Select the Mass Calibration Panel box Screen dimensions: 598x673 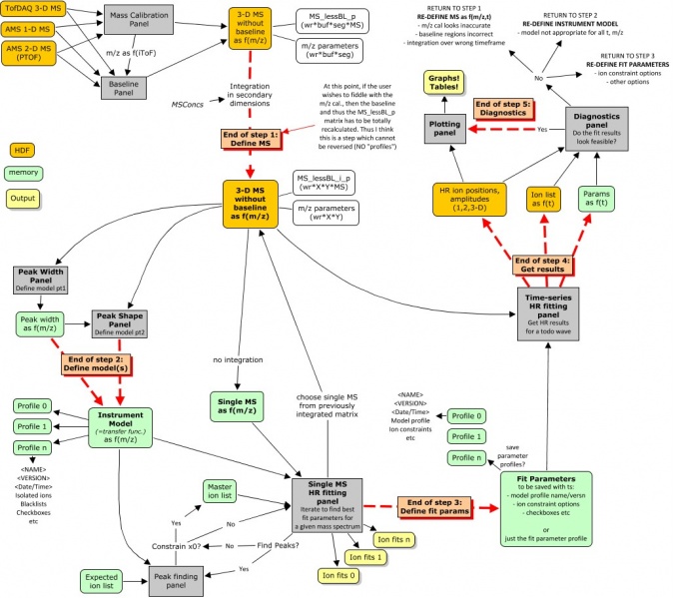[x=138, y=18]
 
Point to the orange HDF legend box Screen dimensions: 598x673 [x=22, y=150]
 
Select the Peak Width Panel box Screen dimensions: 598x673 [x=41, y=279]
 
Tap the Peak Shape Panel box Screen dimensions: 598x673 [x=119, y=323]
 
